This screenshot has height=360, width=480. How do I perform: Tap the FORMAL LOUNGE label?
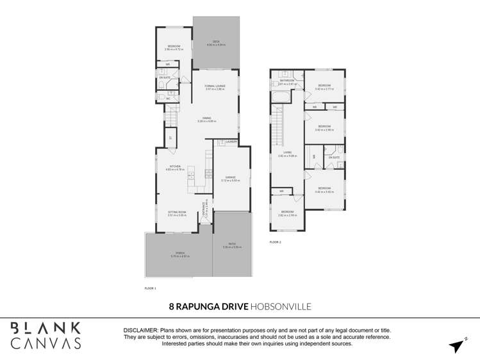pyautogui.click(x=215, y=86)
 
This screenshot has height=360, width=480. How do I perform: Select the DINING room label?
pyautogui.click(x=207, y=118)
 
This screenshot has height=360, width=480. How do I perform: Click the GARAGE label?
pyautogui.click(x=229, y=177)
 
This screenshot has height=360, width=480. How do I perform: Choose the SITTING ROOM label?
pyautogui.click(x=176, y=211)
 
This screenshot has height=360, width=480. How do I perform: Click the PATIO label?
pyautogui.click(x=232, y=244)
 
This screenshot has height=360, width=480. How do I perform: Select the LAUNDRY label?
pyautogui.click(x=231, y=142)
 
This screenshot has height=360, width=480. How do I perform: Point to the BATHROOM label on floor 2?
pyautogui.click(x=286, y=81)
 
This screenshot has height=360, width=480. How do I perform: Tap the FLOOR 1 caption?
pyautogui.click(x=151, y=289)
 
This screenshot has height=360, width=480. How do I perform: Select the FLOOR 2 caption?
pyautogui.click(x=275, y=242)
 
